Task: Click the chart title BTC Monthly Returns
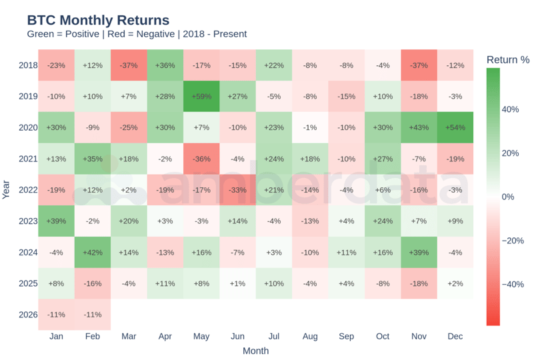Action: pyautogui.click(x=98, y=21)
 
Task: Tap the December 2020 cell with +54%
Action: pyautogui.click(x=455, y=127)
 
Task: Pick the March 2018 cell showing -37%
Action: pyautogui.click(x=129, y=65)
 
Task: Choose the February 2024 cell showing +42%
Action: pyautogui.click(x=93, y=252)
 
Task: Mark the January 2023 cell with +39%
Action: pyautogui.click(x=56, y=221)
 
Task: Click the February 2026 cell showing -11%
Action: pyautogui.click(x=93, y=314)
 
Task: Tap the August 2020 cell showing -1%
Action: pyautogui.click(x=310, y=127)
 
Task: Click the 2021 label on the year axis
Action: pyautogui.click(x=28, y=159)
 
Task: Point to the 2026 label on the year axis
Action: pyautogui.click(x=28, y=314)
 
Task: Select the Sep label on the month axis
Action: pyautogui.click(x=346, y=337)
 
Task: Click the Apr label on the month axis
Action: pyautogui.click(x=165, y=337)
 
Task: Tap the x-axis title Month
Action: pyautogui.click(x=255, y=351)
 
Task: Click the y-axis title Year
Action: pyautogui.click(x=7, y=190)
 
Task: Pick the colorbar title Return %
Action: pyautogui.click(x=508, y=60)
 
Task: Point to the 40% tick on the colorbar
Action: pyautogui.click(x=510, y=109)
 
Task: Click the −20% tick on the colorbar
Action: pyautogui.click(x=512, y=241)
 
